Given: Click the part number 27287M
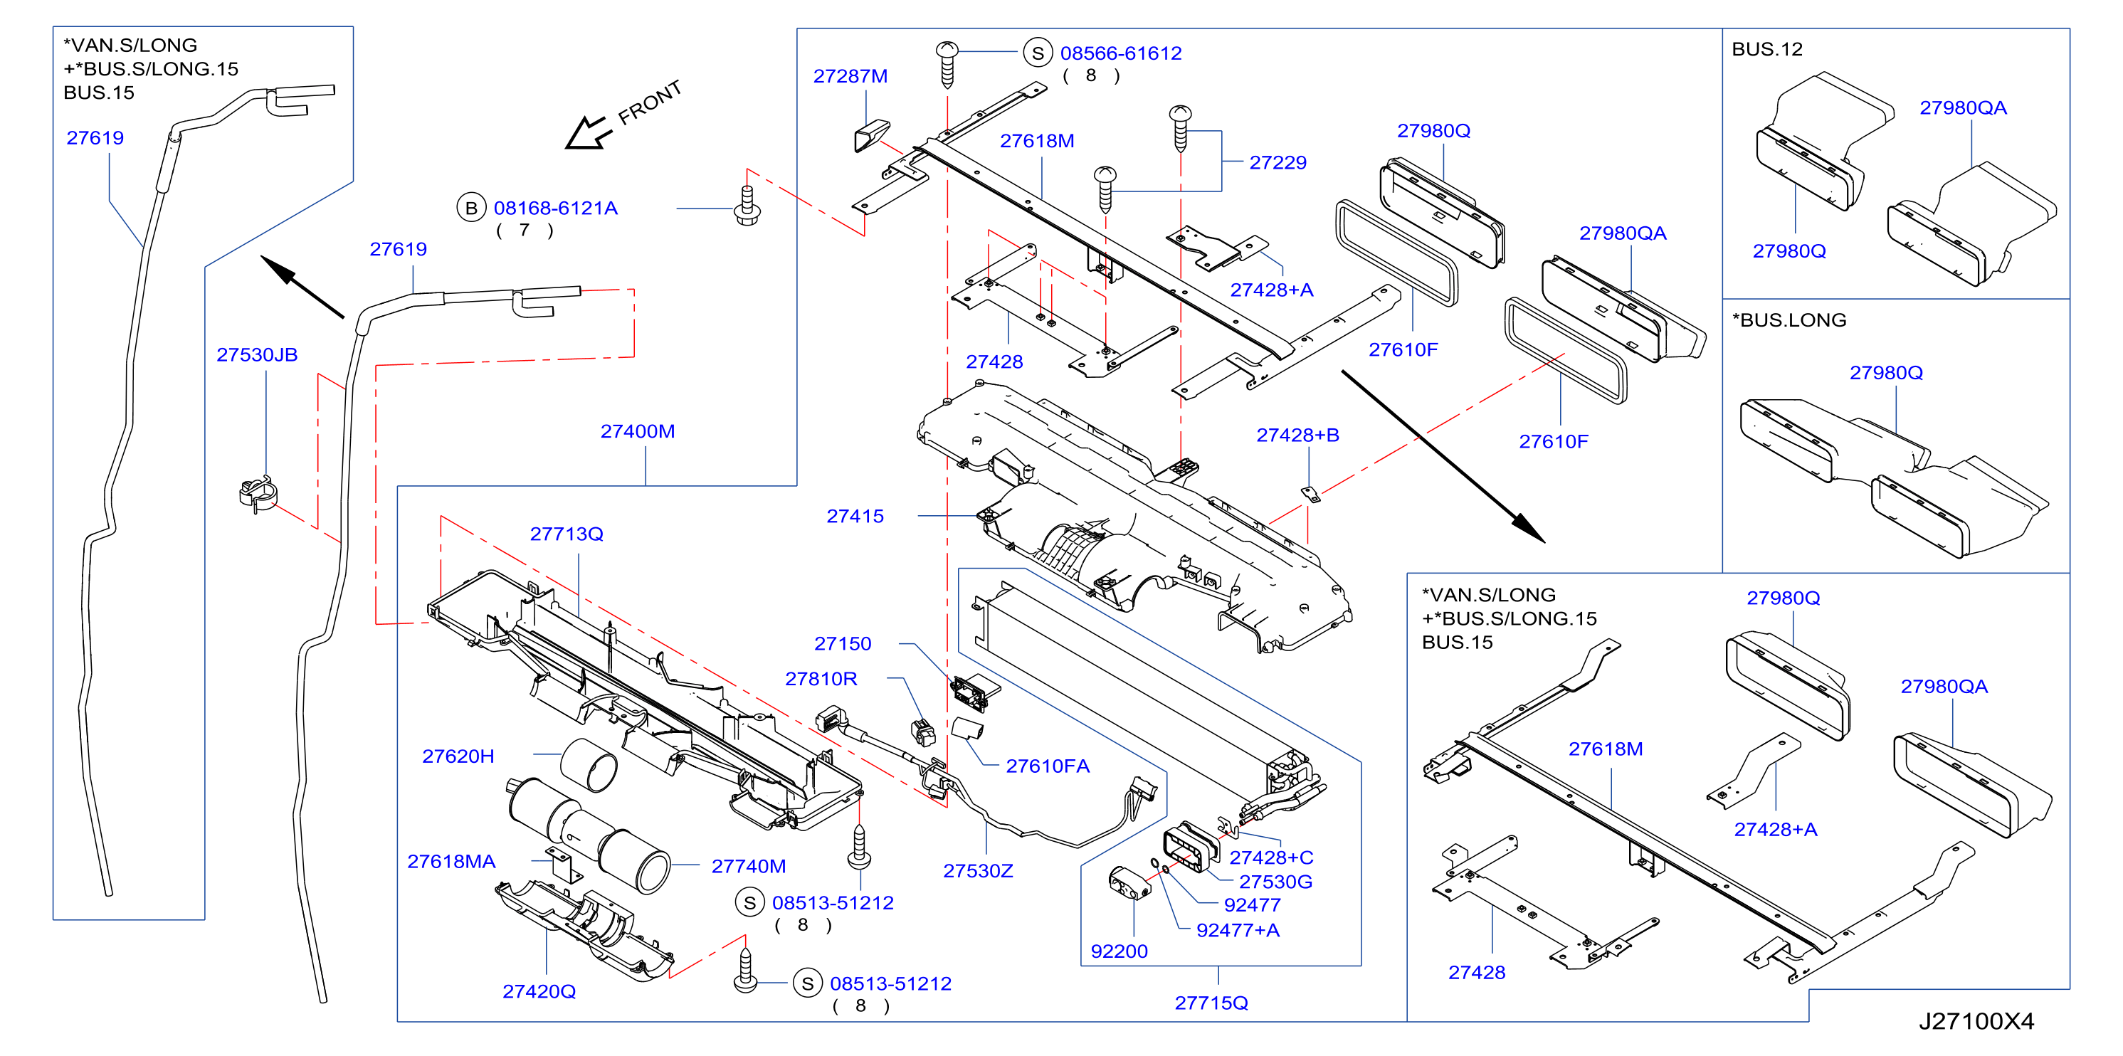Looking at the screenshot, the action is pyautogui.click(x=850, y=75).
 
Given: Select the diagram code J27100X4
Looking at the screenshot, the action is pyautogui.click(x=1976, y=1020).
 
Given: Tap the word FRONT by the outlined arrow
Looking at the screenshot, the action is pyautogui.click(x=650, y=102).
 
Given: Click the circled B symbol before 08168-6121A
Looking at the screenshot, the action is pyautogui.click(x=470, y=208).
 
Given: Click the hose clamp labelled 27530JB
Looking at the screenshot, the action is pyautogui.click(x=258, y=493).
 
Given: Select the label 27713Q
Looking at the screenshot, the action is pyautogui.click(x=567, y=534).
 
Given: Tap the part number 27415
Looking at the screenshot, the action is pyautogui.click(x=855, y=516).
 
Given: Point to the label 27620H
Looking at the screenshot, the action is pyautogui.click(x=458, y=756).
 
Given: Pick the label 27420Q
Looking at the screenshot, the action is pyautogui.click(x=539, y=991).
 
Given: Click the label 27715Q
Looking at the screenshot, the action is pyautogui.click(x=1211, y=1003).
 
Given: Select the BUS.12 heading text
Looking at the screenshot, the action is pyautogui.click(x=1767, y=49).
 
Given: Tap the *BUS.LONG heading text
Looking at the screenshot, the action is pyautogui.click(x=1789, y=320).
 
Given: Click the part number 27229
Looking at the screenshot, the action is pyautogui.click(x=1278, y=162).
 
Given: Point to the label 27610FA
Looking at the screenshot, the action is pyautogui.click(x=1048, y=766).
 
